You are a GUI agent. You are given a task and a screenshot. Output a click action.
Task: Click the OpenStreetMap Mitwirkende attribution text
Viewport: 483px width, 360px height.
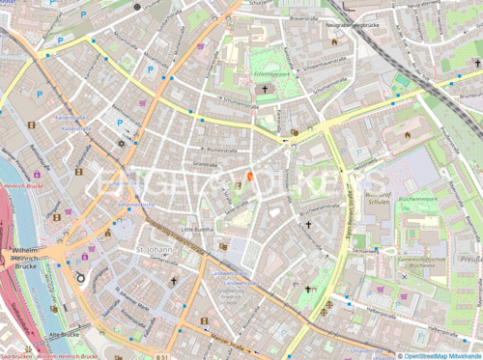pyautogui.click(x=440, y=355)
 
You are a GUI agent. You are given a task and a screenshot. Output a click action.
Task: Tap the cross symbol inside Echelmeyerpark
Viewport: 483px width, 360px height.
pyautogui.click(x=264, y=89)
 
